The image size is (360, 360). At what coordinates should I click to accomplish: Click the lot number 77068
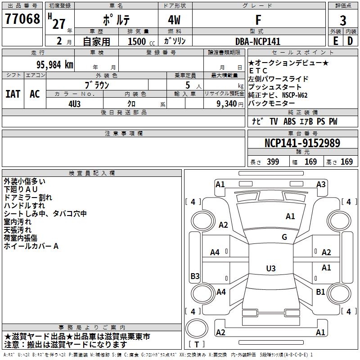[22, 19]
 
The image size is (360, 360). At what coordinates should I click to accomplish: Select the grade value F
[258, 20]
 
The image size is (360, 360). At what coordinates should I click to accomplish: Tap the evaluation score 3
[343, 20]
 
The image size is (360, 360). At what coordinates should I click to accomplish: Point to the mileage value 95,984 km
[51, 65]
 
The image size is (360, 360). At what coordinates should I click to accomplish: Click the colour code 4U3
[75, 103]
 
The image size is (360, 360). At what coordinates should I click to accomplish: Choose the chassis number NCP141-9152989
[302, 143]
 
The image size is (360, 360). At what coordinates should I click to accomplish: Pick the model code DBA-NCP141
[258, 41]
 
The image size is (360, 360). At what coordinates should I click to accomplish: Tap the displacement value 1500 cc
[138, 41]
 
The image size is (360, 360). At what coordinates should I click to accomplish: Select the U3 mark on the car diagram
[270, 269]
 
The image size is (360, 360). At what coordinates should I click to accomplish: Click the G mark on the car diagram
[284, 237]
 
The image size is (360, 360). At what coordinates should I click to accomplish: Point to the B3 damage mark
[195, 276]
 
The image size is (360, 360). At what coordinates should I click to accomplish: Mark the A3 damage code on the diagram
[321, 184]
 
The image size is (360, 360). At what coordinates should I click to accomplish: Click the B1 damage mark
[320, 292]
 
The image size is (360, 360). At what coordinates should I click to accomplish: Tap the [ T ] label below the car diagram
[196, 344]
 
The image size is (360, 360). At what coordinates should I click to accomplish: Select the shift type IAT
[13, 94]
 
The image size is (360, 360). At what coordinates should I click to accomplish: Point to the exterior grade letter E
[335, 41]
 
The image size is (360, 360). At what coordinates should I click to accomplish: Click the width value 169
[310, 162]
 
